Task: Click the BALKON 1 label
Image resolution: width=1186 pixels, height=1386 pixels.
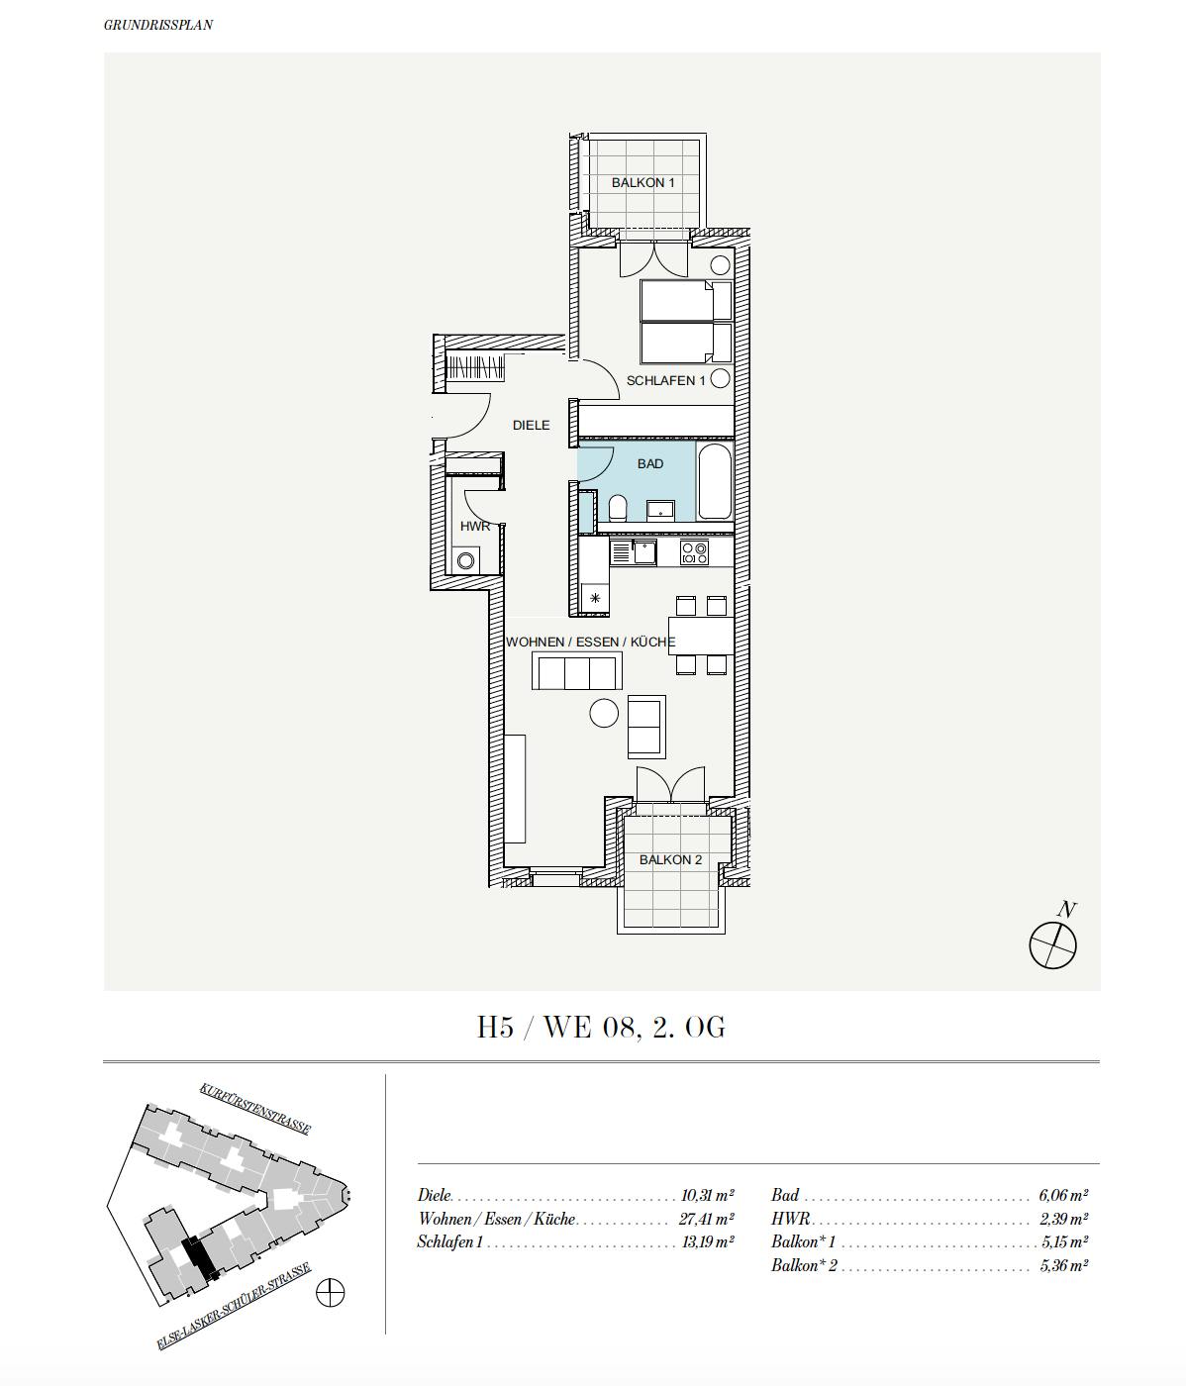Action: (x=642, y=183)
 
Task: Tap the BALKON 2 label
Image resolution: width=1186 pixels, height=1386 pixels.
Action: (x=670, y=860)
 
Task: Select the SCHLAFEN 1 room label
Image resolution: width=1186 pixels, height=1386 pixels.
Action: (x=665, y=381)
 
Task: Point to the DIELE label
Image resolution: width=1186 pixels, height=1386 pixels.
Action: (x=531, y=426)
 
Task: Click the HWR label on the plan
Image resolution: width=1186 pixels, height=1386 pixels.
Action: (x=475, y=527)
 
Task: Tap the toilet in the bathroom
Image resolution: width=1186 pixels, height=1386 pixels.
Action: (x=618, y=510)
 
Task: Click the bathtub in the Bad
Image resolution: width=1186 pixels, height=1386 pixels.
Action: (x=714, y=483)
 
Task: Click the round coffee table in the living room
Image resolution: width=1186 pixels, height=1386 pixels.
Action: (x=603, y=713)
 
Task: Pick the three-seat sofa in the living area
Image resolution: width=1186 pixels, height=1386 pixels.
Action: (x=575, y=672)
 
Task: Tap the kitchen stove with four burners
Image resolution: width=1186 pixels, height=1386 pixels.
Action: (x=694, y=552)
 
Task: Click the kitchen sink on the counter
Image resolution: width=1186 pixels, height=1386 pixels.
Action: (x=644, y=552)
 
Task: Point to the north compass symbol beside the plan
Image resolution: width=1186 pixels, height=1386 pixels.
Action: (x=1052, y=944)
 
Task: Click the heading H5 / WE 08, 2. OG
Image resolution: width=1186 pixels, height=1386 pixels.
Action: (x=601, y=1028)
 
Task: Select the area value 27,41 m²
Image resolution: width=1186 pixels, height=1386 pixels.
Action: (x=708, y=1220)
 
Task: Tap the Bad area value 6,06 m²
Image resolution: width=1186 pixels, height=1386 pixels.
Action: (x=1064, y=1196)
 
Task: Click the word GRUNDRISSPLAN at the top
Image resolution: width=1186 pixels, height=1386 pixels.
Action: (x=158, y=25)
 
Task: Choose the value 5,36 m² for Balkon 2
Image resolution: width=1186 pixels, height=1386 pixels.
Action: (x=1064, y=1265)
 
